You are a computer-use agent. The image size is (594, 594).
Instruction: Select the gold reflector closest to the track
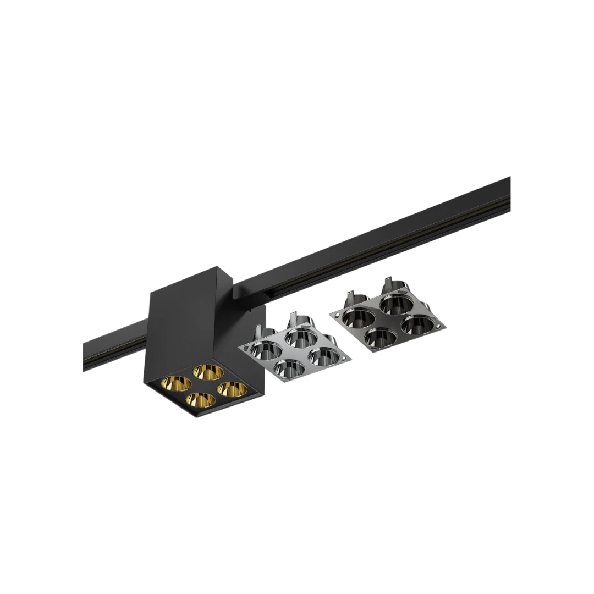click(207, 373)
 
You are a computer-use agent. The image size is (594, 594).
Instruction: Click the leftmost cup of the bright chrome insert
click(266, 349)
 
